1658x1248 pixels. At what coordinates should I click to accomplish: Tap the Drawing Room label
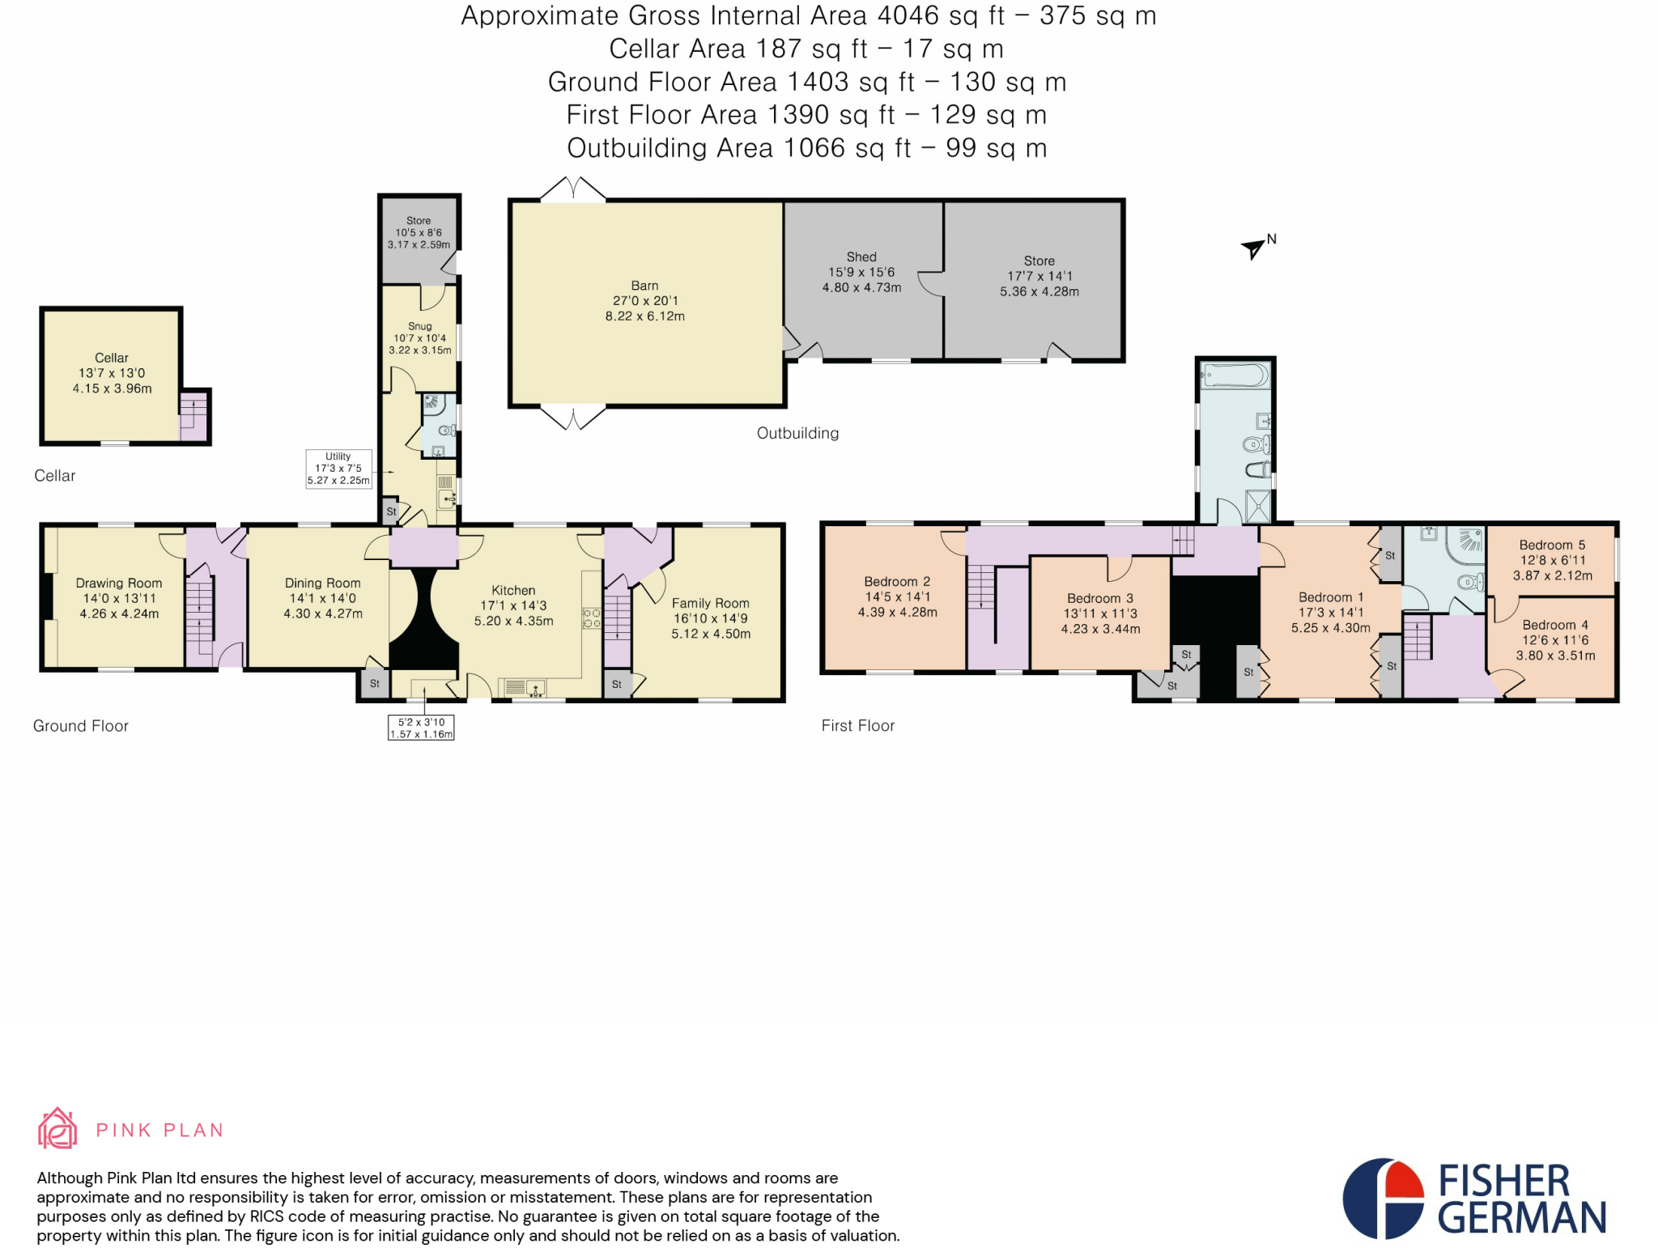tap(119, 583)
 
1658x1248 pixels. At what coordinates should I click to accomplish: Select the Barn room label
tap(644, 286)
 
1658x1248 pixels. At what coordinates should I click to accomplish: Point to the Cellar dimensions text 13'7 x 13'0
tap(112, 373)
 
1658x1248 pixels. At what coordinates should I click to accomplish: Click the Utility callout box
tap(338, 469)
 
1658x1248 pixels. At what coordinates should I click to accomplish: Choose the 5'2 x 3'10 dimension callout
tap(421, 728)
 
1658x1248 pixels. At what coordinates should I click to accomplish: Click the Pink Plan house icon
tap(57, 1128)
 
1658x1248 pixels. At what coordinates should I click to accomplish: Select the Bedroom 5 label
tap(1552, 545)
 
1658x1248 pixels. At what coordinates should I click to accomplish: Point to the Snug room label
tap(419, 326)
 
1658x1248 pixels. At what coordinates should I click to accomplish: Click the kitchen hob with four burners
tap(592, 618)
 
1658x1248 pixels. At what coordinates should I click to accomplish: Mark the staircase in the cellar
tap(193, 416)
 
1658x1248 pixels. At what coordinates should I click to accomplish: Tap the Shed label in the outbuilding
tap(861, 257)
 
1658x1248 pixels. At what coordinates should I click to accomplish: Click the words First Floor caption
tap(858, 726)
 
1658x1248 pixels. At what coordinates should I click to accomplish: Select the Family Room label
tap(711, 603)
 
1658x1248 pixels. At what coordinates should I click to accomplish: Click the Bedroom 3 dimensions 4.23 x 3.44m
tap(1100, 629)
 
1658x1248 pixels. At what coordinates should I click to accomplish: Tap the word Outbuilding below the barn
tap(797, 433)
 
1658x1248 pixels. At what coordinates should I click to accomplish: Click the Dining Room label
tap(322, 583)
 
